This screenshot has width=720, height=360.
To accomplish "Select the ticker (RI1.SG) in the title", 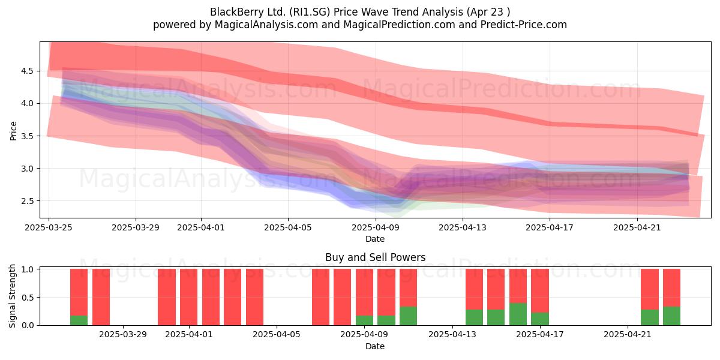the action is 310,12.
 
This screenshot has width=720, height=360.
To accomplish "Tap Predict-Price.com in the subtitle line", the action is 524,25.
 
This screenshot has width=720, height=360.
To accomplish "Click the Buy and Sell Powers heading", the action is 375,257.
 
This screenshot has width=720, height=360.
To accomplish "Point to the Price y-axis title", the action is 13,131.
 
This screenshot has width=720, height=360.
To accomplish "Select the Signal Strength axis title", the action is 12,296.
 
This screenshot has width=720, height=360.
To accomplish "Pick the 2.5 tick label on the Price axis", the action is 27,201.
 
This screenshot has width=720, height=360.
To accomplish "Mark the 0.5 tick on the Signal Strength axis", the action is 27,298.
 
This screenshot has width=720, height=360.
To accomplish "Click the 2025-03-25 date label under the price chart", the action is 49,227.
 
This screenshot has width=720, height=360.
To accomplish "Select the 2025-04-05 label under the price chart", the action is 288,227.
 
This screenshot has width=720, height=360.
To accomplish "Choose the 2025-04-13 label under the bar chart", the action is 452,335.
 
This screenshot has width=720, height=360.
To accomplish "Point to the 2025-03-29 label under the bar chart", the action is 123,335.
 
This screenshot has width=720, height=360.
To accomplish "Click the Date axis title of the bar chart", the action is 375,346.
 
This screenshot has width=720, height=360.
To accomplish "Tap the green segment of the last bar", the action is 671,316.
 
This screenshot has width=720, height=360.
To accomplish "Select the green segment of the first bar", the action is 79,320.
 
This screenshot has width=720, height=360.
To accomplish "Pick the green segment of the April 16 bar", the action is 518,314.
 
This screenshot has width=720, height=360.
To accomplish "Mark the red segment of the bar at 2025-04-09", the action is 365,292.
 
